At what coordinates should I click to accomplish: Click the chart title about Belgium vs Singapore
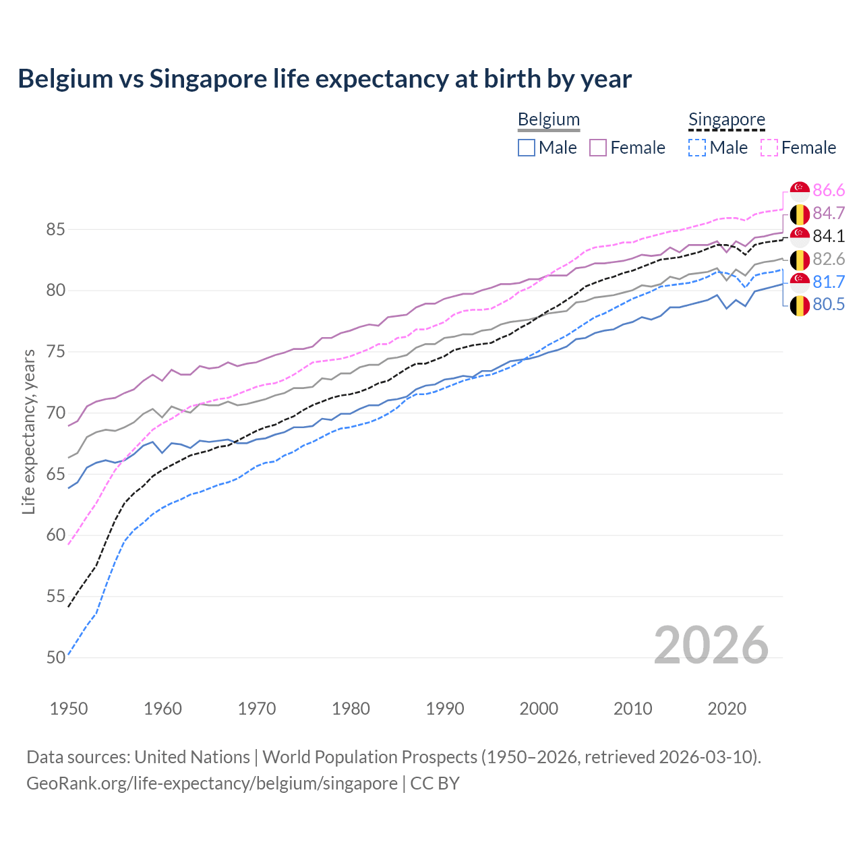324,79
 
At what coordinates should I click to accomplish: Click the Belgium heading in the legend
548,119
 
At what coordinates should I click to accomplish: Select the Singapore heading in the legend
726,119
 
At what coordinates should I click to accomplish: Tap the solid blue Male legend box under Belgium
527,148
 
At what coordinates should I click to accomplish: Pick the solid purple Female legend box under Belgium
598,148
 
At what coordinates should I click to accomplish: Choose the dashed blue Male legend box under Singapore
697,148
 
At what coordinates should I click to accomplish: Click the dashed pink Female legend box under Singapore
769,148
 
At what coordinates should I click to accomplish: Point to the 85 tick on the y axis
55,229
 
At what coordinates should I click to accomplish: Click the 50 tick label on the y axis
55,657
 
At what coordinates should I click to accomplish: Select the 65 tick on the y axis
55,474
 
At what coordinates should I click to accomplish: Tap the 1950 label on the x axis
69,709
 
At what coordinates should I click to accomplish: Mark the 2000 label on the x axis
539,709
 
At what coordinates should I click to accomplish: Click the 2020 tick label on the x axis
727,709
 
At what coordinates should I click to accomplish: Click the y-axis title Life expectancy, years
28,431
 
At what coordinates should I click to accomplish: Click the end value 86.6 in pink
829,190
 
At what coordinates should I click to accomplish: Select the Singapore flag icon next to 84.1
800,237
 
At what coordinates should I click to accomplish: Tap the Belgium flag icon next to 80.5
800,305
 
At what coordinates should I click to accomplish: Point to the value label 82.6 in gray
829,260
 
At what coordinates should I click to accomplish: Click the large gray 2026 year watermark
711,645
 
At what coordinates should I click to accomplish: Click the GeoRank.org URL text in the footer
212,783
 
